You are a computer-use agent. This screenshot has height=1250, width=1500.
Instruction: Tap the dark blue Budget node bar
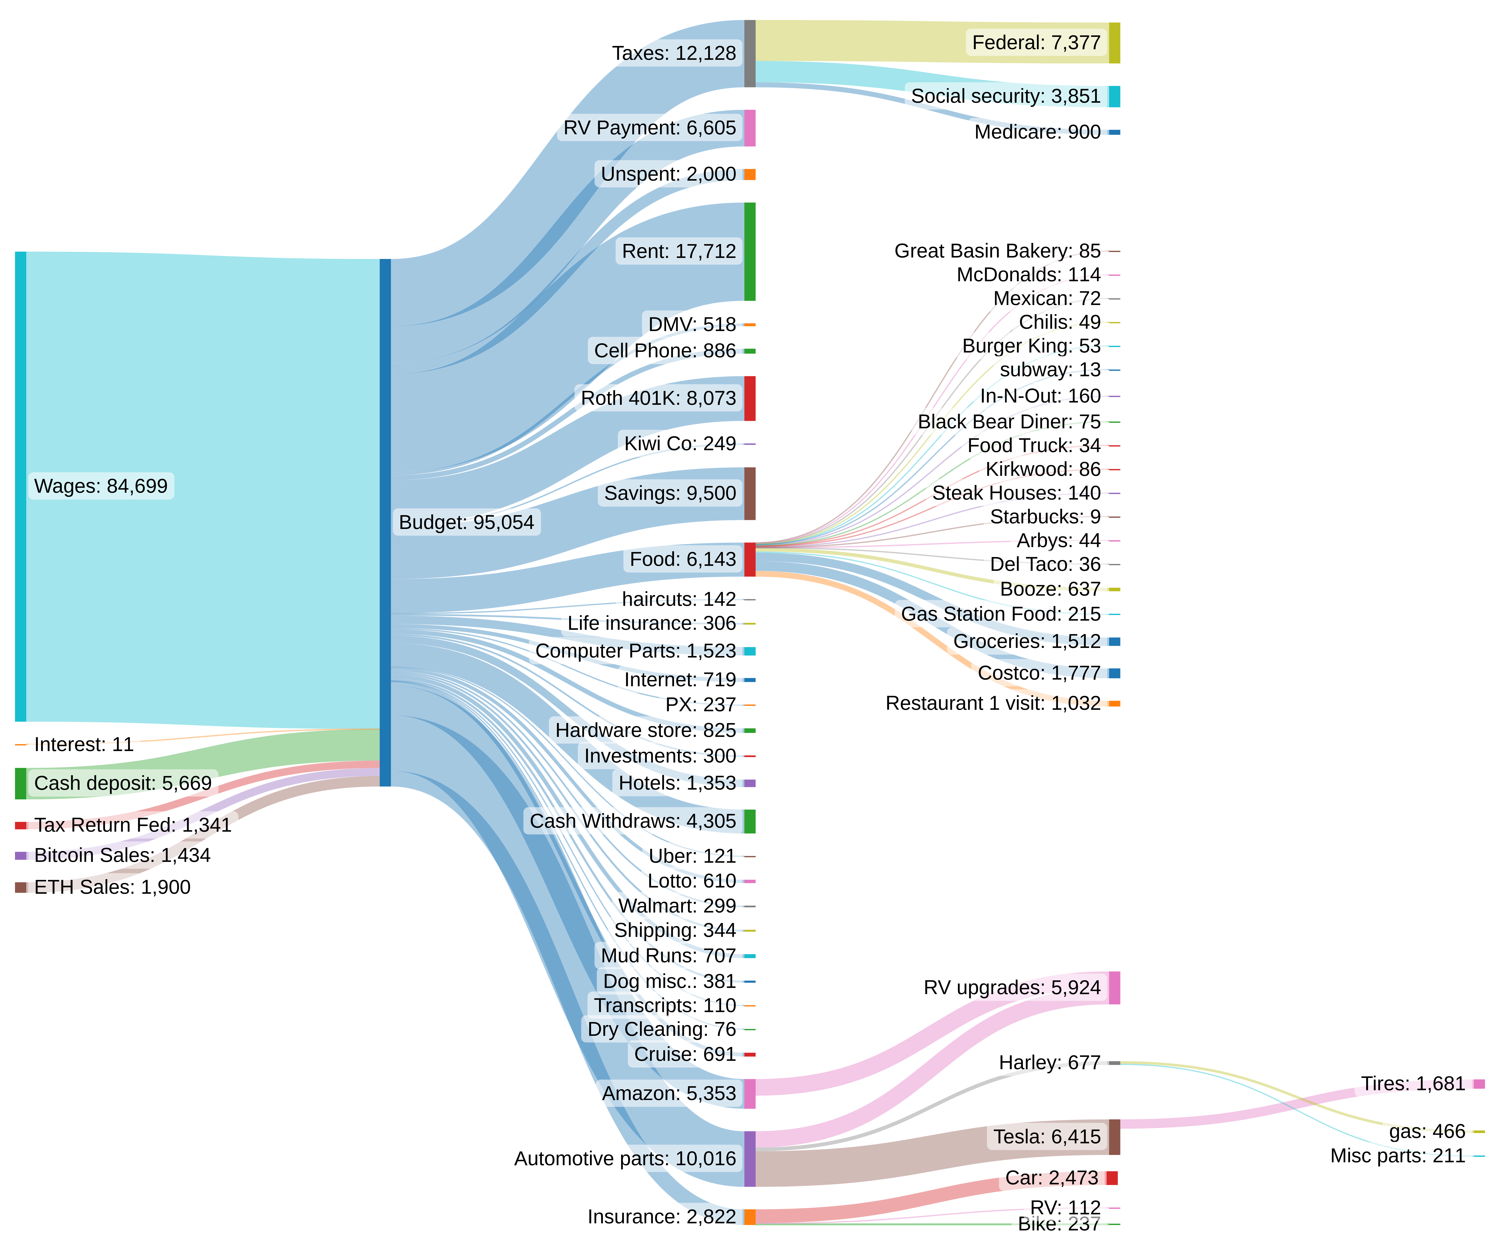[x=385, y=522]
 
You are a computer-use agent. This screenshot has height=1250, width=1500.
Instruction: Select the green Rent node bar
[x=749, y=251]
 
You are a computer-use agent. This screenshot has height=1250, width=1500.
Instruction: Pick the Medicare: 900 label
[x=1037, y=132]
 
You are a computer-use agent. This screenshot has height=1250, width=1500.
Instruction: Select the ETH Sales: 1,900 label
[x=112, y=887]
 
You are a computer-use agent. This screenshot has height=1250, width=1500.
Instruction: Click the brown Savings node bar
[x=749, y=494]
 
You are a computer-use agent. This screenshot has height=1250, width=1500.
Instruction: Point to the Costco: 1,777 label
[x=1039, y=673]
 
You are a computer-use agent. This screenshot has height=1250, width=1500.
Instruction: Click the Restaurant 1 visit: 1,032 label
[x=993, y=704]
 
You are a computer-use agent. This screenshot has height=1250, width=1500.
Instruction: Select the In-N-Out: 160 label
[x=1040, y=396]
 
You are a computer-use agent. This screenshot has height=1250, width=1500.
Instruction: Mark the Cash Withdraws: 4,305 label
[x=632, y=821]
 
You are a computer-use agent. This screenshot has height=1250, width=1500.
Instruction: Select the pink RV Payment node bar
[x=749, y=128]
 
